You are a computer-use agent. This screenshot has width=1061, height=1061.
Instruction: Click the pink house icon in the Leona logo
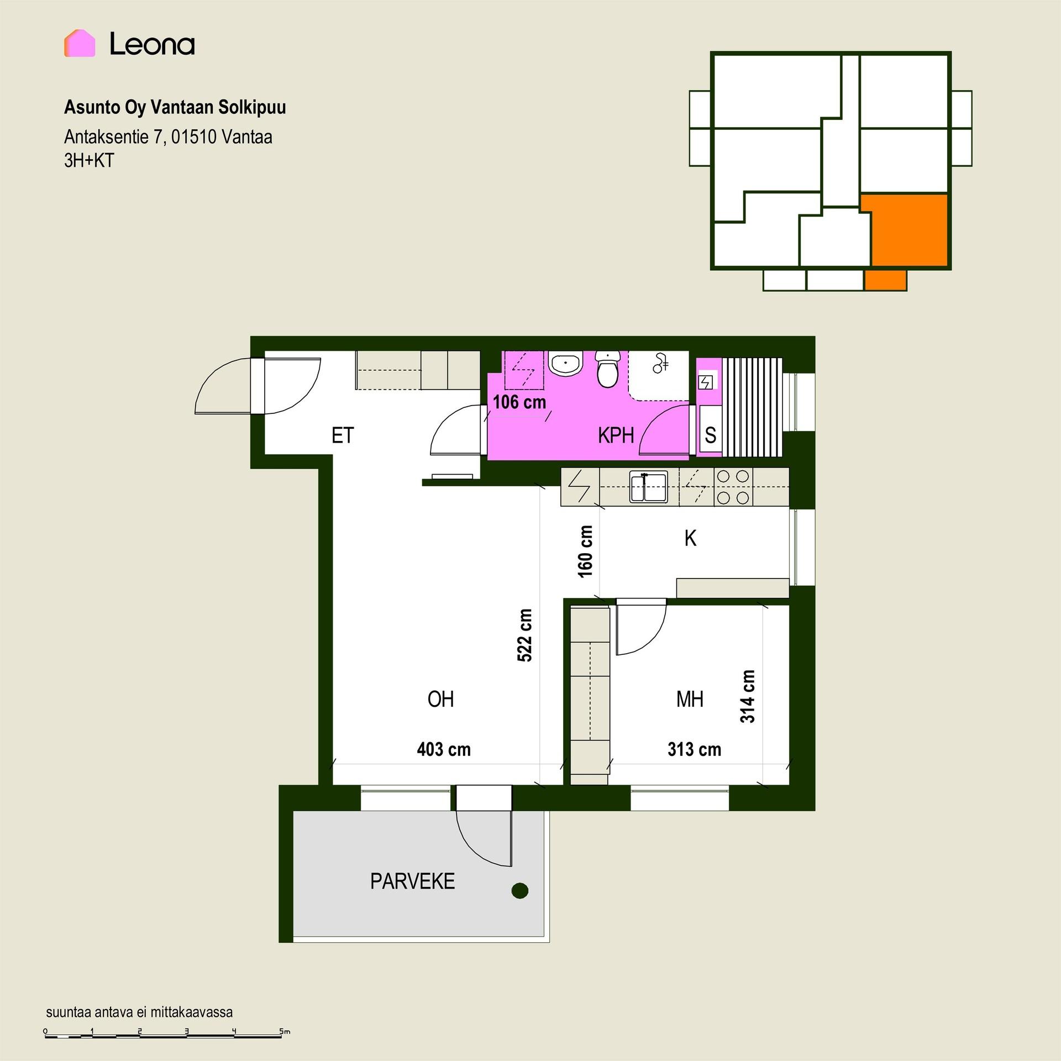[80, 43]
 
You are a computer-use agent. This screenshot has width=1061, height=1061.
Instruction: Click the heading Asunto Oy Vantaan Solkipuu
[175, 107]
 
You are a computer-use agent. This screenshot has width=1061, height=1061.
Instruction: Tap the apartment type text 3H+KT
[89, 160]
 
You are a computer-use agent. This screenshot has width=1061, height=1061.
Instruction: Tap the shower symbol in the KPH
[660, 363]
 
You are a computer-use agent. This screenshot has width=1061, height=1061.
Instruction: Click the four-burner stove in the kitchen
[733, 487]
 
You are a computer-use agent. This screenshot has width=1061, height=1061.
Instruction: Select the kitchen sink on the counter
[648, 487]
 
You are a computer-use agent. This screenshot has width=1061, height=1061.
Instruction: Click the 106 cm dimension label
[519, 402]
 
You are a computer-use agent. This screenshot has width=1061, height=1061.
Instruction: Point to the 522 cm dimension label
[524, 635]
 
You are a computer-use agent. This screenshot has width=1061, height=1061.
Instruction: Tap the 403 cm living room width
[444, 749]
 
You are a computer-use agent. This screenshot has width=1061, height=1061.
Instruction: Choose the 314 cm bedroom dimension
[748, 696]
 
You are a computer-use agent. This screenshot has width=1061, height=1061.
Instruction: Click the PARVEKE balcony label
[412, 881]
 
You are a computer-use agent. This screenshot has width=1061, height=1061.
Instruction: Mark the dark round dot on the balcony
[520, 890]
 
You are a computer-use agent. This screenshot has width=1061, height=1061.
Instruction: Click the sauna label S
[711, 435]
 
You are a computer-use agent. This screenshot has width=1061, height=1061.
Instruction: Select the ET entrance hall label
[342, 435]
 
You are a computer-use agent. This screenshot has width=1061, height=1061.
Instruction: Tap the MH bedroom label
[690, 699]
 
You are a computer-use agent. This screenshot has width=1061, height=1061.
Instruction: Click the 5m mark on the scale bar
[285, 1031]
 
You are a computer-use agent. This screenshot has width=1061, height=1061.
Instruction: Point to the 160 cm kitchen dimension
[585, 551]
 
